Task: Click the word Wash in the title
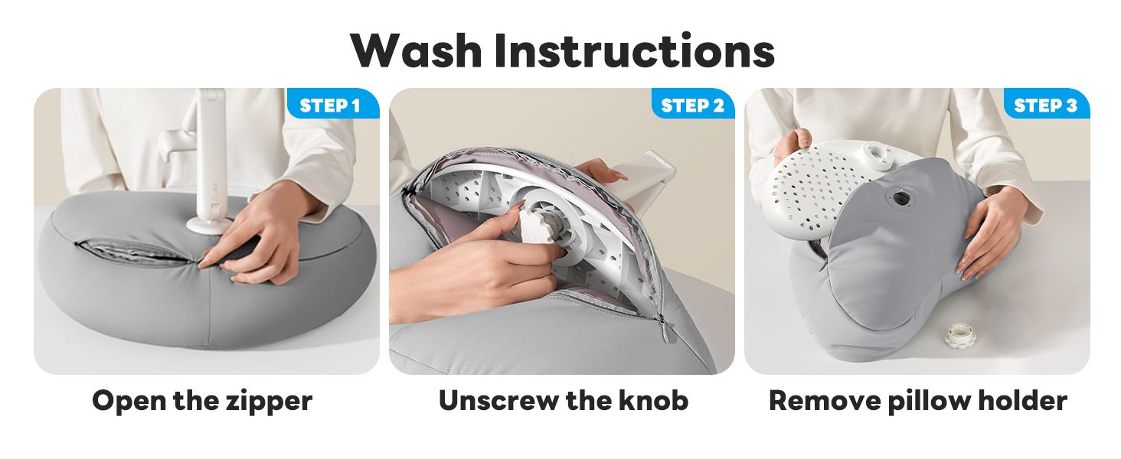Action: click(416, 50)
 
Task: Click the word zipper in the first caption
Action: click(269, 402)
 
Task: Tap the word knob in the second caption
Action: click(653, 401)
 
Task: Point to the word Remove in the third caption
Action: click(825, 401)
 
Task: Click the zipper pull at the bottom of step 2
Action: click(665, 330)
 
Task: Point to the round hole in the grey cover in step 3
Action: click(899, 199)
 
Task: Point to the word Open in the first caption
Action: click(129, 402)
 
